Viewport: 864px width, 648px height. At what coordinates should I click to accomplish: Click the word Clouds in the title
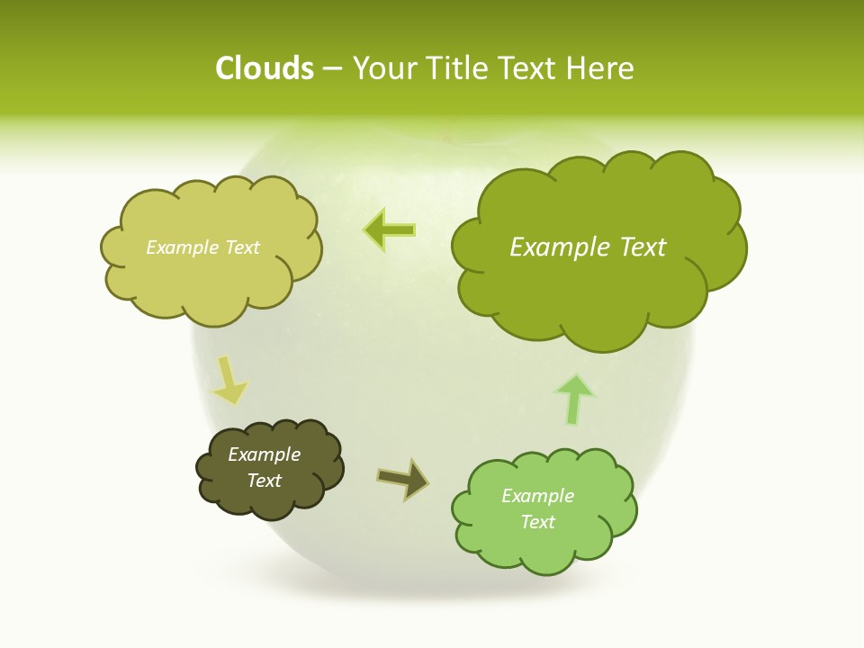point(264,68)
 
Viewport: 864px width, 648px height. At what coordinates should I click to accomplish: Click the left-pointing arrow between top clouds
point(390,229)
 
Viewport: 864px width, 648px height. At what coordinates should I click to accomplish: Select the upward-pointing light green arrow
point(575,400)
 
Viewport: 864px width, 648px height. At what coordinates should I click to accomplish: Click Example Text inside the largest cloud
point(588,247)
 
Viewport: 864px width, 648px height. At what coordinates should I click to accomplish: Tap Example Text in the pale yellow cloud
point(202,247)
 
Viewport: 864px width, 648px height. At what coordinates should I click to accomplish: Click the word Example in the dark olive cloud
point(264,454)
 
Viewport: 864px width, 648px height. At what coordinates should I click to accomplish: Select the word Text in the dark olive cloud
point(264,481)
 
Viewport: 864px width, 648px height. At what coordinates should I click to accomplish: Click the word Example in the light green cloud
point(537,496)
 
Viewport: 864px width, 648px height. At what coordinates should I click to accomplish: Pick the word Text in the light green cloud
point(537,522)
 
